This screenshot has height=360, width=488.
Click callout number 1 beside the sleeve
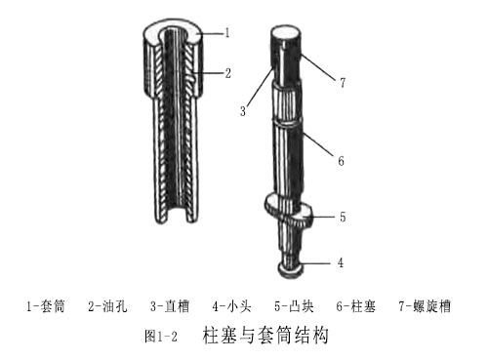(x=226, y=32)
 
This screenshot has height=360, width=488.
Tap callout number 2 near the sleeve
(x=226, y=71)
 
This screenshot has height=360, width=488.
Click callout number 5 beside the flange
(x=341, y=218)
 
